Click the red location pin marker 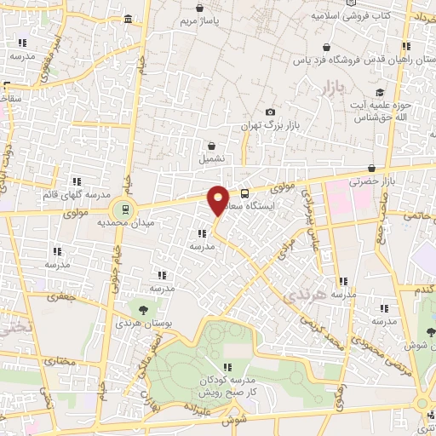point(219,199)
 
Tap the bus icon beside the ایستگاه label point(245,193)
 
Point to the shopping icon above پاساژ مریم point(199,8)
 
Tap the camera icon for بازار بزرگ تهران point(271,112)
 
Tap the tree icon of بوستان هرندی point(142,310)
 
